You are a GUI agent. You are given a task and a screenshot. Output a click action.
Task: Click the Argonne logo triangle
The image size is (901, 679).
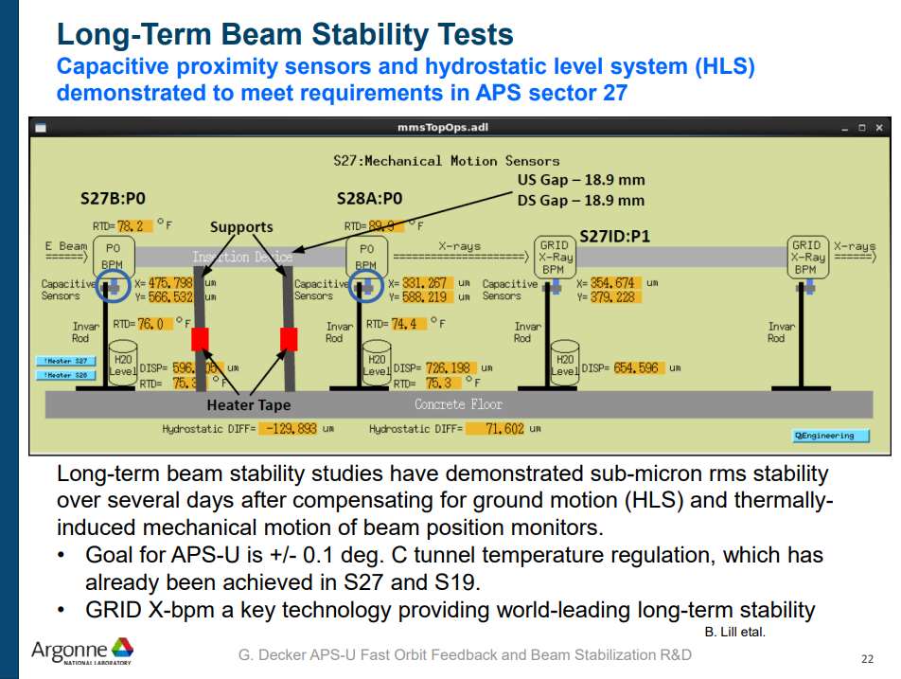[x=122, y=647]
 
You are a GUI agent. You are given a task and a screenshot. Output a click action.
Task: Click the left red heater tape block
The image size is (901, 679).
[x=200, y=339]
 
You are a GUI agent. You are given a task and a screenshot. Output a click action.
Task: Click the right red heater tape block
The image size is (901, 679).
[x=290, y=339]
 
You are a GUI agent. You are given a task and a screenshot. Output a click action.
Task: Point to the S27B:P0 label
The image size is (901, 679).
[x=114, y=200]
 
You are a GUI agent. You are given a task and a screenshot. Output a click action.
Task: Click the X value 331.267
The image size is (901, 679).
[x=423, y=283]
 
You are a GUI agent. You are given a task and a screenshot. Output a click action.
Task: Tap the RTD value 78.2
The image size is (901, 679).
[x=131, y=226]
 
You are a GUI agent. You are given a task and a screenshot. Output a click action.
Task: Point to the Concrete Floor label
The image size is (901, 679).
[x=459, y=404]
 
